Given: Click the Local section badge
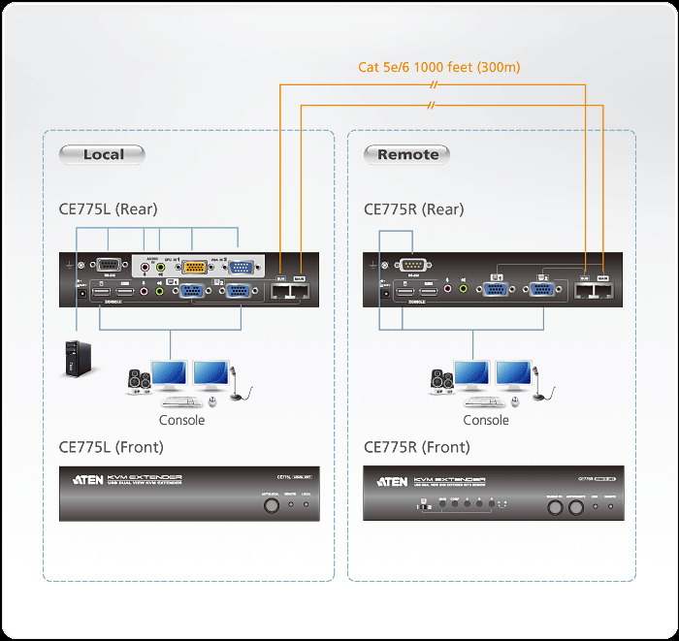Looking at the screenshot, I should point(102,154).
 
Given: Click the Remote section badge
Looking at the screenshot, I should point(407,154).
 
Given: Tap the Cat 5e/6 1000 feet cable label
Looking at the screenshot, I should point(439,67).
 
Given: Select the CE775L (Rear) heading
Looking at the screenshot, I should point(108,209).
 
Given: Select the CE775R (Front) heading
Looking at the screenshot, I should point(416,447).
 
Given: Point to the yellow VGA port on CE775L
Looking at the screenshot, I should point(193,269).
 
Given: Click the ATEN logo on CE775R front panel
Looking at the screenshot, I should point(391,481).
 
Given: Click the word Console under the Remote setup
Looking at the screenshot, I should point(486,420).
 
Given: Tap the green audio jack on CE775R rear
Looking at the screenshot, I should point(463,289).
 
